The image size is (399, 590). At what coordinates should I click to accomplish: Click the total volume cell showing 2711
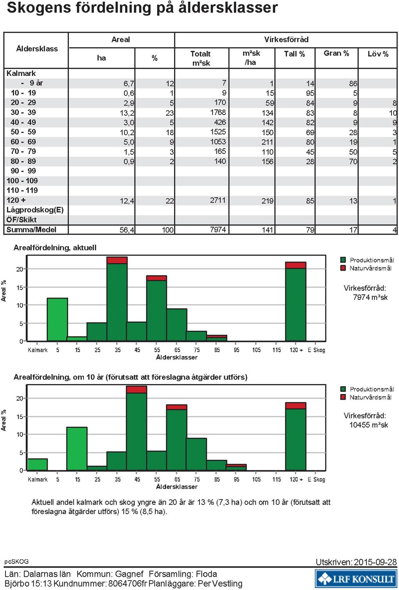click(x=217, y=200)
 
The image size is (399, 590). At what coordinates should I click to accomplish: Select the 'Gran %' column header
click(x=336, y=54)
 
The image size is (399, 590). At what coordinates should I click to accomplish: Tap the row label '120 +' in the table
click(x=16, y=200)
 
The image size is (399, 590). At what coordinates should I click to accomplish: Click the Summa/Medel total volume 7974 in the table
click(x=217, y=230)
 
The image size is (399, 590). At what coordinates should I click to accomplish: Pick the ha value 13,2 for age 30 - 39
click(x=127, y=113)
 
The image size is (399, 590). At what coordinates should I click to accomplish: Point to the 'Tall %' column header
click(x=294, y=54)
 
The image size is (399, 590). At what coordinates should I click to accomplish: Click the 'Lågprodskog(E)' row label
click(x=35, y=210)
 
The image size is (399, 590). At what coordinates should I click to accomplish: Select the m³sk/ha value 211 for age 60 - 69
click(x=267, y=142)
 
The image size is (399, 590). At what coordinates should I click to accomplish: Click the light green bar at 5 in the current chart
click(x=57, y=319)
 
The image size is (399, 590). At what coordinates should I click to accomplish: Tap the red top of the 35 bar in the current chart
click(x=117, y=260)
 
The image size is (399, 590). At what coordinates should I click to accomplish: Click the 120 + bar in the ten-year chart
click(x=296, y=436)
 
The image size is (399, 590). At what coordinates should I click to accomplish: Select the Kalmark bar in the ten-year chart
click(x=37, y=465)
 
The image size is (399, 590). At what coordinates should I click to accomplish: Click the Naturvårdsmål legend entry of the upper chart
click(x=366, y=268)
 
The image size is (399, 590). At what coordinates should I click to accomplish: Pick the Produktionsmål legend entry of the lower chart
click(x=367, y=389)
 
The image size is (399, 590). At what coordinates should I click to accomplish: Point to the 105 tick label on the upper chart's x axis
click(x=256, y=350)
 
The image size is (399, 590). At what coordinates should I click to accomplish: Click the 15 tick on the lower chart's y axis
click(x=20, y=417)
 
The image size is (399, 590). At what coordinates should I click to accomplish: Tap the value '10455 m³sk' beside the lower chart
click(x=368, y=425)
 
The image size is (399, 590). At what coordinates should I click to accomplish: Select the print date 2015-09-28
click(x=375, y=562)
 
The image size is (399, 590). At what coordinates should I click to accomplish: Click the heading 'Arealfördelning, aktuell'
click(x=55, y=247)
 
